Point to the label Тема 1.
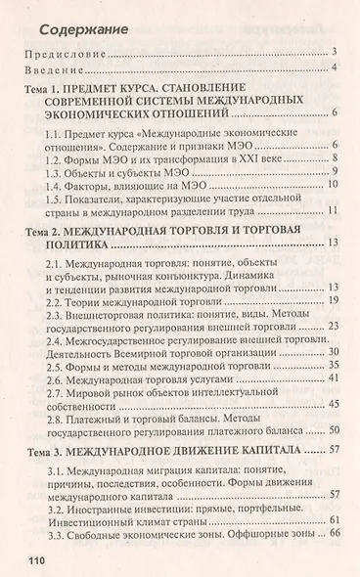coord(45,89)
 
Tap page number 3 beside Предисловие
coord(336,52)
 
